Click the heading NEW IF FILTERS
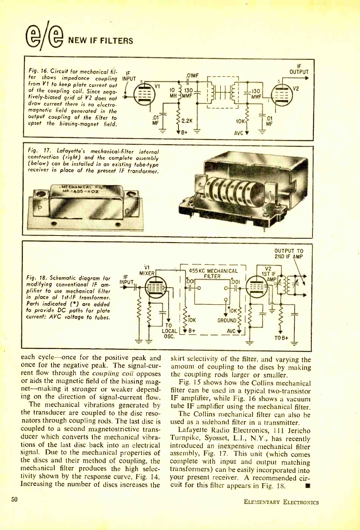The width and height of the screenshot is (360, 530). tap(101, 41)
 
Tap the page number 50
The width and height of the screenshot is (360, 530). tap(15, 499)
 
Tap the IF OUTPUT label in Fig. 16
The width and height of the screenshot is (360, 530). tap(299, 69)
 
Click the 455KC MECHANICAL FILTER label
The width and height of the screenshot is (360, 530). tap(213, 273)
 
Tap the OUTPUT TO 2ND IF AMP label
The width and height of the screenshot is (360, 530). tap(288, 254)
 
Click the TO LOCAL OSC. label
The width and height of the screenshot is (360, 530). tap(169, 331)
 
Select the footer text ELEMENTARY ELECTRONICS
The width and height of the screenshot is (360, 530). tap(281, 502)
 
